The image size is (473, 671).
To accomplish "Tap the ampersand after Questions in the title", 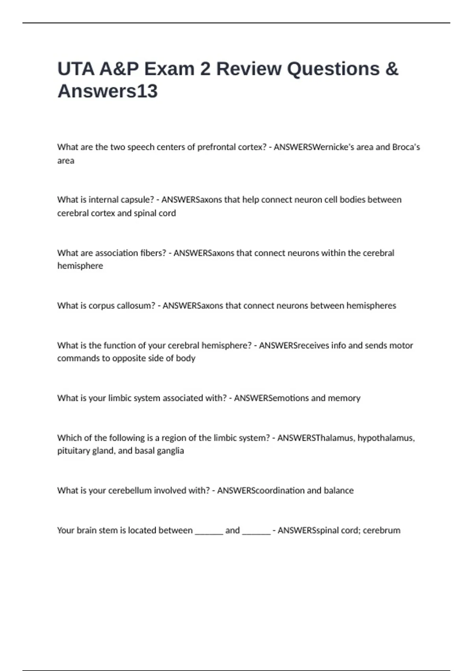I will [x=391, y=69].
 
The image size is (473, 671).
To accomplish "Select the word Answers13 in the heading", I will [x=108, y=91].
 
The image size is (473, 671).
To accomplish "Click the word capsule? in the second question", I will [x=134, y=200].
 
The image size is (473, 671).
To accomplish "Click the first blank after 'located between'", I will [x=209, y=531].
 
